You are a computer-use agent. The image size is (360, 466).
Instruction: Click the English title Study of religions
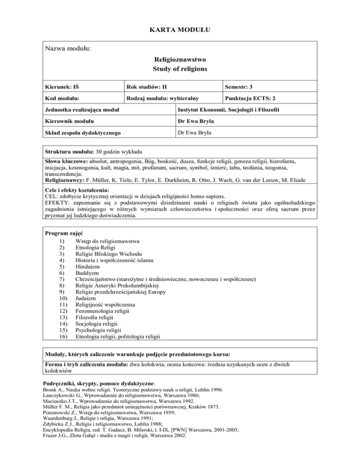pos(180,69)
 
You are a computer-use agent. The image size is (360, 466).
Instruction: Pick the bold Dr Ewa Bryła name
pos(196,122)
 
